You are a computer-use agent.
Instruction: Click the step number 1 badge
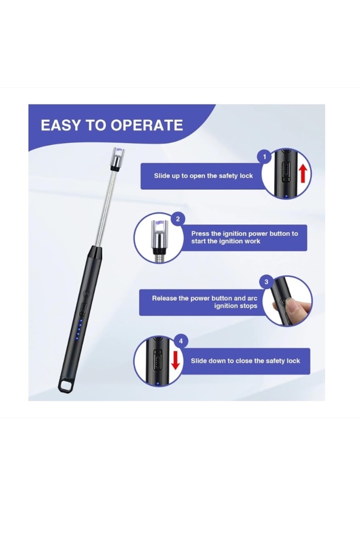[265, 157]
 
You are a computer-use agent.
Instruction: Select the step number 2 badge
[178, 219]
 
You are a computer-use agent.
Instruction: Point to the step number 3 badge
[267, 282]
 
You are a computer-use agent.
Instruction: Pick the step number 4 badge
[181, 341]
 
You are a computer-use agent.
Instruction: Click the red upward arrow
[303, 173]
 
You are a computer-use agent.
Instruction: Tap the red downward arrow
[176, 360]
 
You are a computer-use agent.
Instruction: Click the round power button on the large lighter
[87, 294]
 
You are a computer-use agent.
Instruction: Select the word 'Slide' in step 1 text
[161, 175]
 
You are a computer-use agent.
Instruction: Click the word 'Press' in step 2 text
[200, 233]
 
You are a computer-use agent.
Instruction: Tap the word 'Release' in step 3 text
[164, 298]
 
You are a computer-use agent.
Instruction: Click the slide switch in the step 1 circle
[286, 172]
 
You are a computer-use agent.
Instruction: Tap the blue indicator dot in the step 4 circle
[157, 383]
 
